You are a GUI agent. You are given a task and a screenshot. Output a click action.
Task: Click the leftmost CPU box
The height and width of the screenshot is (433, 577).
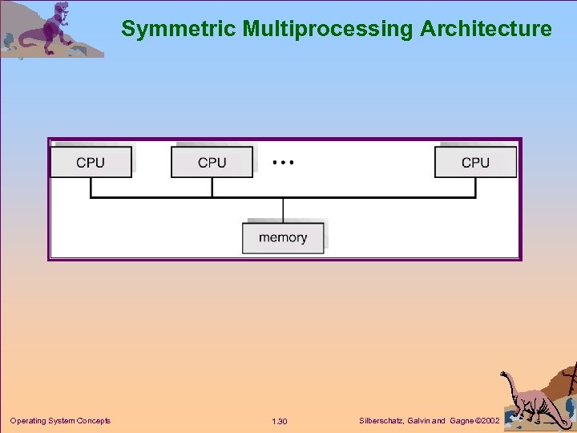[91, 162]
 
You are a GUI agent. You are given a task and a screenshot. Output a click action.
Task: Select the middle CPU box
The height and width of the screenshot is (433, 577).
[212, 162]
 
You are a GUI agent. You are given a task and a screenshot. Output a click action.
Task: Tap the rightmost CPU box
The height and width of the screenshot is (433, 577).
[475, 162]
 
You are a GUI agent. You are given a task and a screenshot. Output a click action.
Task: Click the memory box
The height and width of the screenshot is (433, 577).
[283, 237]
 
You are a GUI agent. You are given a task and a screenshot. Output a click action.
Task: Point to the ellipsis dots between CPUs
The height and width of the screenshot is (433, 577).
[283, 162]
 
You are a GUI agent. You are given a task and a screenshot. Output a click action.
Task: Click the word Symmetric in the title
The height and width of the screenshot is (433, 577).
[179, 30]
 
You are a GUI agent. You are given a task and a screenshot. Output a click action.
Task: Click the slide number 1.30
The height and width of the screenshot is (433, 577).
[280, 422]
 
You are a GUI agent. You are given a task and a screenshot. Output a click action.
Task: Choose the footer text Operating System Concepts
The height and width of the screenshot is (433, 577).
[60, 421]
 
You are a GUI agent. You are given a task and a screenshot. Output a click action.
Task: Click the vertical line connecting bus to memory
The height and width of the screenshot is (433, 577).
[283, 209]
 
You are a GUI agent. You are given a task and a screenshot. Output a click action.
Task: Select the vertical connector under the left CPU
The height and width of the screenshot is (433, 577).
[91, 187]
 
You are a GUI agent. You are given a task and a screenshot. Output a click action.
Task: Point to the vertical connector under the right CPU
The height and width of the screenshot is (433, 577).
[475, 187]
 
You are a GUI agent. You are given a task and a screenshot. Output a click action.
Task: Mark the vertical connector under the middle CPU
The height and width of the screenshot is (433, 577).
[212, 187]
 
